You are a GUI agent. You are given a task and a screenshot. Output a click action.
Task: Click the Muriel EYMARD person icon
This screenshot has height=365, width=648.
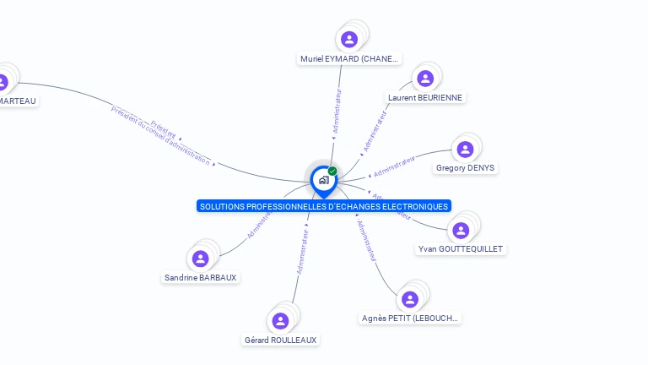349,39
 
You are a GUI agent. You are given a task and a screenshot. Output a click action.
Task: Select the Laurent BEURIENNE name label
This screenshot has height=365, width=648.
425,97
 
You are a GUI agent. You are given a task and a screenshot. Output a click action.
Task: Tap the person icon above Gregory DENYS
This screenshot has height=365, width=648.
465,150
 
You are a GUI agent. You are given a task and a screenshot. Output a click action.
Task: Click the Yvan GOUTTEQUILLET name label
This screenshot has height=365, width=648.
461,249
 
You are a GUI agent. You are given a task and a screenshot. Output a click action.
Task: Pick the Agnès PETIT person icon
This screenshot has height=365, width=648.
410,299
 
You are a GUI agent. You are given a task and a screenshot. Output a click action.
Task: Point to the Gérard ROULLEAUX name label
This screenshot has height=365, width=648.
281,340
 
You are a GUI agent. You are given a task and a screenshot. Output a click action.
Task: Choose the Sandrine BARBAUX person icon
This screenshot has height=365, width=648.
200,259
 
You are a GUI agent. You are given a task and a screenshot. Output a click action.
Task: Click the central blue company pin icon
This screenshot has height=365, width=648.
323,180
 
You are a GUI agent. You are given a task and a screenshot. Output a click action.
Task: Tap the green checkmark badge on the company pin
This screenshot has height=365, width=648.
332,172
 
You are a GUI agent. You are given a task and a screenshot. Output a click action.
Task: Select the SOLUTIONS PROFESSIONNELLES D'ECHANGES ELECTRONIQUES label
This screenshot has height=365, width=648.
323,206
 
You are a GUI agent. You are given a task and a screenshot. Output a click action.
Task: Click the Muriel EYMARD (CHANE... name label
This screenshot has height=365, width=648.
349,59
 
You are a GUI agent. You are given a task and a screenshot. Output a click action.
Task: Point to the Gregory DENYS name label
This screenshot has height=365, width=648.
465,168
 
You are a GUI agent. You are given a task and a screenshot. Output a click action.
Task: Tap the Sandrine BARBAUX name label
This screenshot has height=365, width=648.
200,277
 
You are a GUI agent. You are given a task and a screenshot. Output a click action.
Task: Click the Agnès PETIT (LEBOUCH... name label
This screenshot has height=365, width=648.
410,318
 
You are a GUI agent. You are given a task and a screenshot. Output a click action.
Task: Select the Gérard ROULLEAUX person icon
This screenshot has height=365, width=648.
281,321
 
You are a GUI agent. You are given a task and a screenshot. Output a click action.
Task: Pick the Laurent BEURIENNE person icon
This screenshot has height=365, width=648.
425,79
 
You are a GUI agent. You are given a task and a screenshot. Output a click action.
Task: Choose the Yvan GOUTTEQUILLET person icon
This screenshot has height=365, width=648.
461,230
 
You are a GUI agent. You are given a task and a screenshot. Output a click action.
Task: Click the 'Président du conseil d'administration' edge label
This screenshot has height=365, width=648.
160,135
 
